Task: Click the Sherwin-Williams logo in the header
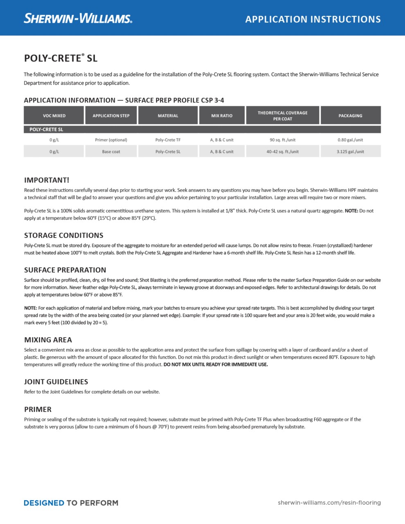pyautogui.click(x=78, y=18)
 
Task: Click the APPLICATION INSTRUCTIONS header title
pyautogui.click(x=313, y=19)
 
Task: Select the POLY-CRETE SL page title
pyautogui.click(x=61, y=58)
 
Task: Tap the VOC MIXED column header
pyautogui.click(x=54, y=116)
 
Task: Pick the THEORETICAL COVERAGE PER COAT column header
pyautogui.click(x=282, y=116)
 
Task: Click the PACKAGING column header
pyautogui.click(x=350, y=116)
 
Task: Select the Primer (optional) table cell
pyautogui.click(x=111, y=140)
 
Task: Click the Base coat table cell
pyautogui.click(x=111, y=151)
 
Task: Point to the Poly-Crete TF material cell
pyautogui.click(x=168, y=140)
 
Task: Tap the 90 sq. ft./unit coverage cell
pyautogui.click(x=282, y=140)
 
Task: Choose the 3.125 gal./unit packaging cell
pyautogui.click(x=350, y=151)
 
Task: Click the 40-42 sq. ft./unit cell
pyautogui.click(x=282, y=151)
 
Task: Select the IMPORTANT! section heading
pyautogui.click(x=47, y=180)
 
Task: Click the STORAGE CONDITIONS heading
pyautogui.click(x=63, y=235)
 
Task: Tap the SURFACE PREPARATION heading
pyautogui.click(x=65, y=270)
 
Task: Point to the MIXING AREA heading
pyautogui.click(x=48, y=340)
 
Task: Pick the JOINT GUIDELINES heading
pyautogui.click(x=56, y=382)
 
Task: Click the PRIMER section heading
pyautogui.click(x=38, y=409)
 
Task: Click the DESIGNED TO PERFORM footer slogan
pyautogui.click(x=71, y=503)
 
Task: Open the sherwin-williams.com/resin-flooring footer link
pyautogui.click(x=329, y=503)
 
